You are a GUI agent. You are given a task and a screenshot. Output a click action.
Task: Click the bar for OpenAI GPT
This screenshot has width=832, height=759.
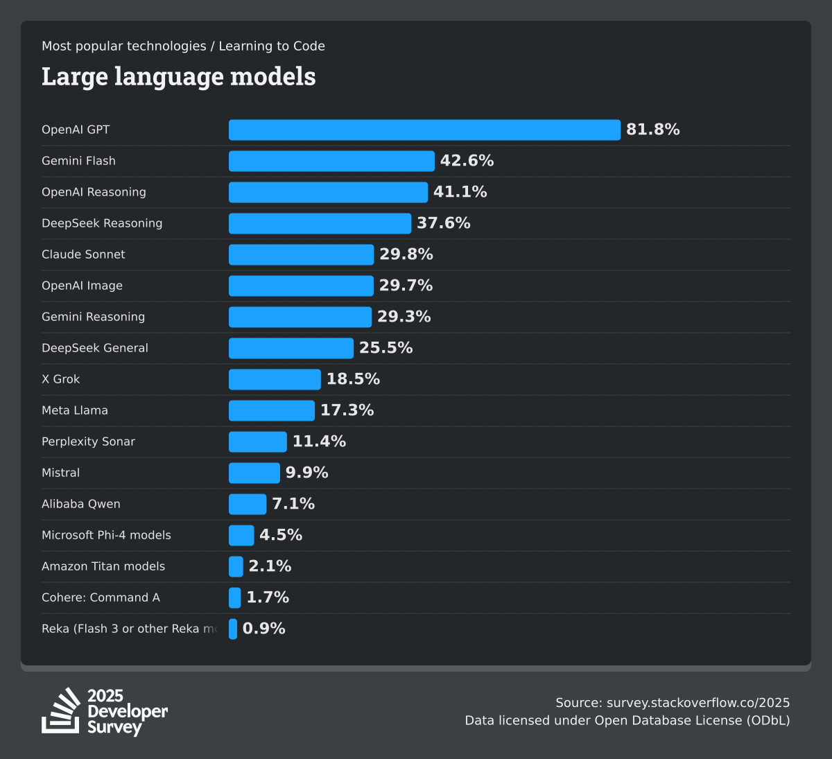pos(424,130)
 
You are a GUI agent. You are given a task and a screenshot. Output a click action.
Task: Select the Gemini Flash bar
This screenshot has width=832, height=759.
pos(331,161)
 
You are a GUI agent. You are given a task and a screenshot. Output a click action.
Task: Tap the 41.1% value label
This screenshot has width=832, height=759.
pos(460,192)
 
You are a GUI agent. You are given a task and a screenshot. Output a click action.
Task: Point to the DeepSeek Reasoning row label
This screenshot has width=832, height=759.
pos(102,223)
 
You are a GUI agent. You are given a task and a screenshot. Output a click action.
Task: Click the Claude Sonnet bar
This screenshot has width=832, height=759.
pos(301,254)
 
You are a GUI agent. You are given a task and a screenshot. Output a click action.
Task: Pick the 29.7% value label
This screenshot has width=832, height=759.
pos(406,286)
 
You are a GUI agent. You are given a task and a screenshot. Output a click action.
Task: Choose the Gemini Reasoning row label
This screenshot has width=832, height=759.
pos(93,317)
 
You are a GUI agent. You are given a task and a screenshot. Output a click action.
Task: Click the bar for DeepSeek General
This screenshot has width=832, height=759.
pos(291,348)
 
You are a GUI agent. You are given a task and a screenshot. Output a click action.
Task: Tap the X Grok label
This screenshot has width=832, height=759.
pos(60,379)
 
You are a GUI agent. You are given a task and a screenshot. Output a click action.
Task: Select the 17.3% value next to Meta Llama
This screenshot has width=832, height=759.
pos(347,410)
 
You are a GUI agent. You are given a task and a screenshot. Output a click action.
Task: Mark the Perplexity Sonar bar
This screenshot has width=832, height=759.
pos(257,442)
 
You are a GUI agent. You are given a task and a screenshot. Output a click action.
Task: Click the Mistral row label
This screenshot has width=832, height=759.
pos(60,473)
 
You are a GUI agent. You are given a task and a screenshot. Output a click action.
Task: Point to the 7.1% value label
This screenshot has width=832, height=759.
pos(293,504)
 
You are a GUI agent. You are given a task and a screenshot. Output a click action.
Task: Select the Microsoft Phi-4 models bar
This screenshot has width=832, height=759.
pos(241,535)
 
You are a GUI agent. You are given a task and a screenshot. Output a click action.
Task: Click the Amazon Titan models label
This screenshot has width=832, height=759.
pos(103,566)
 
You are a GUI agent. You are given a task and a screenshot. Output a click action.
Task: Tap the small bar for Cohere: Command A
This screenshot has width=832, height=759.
pos(235,597)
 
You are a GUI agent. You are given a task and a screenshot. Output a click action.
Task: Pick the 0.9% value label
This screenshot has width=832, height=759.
pos(263,629)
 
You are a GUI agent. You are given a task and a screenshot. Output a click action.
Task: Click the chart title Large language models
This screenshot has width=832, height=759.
pos(178,76)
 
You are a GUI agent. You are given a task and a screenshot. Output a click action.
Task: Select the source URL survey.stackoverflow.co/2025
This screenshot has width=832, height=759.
pos(698,703)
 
